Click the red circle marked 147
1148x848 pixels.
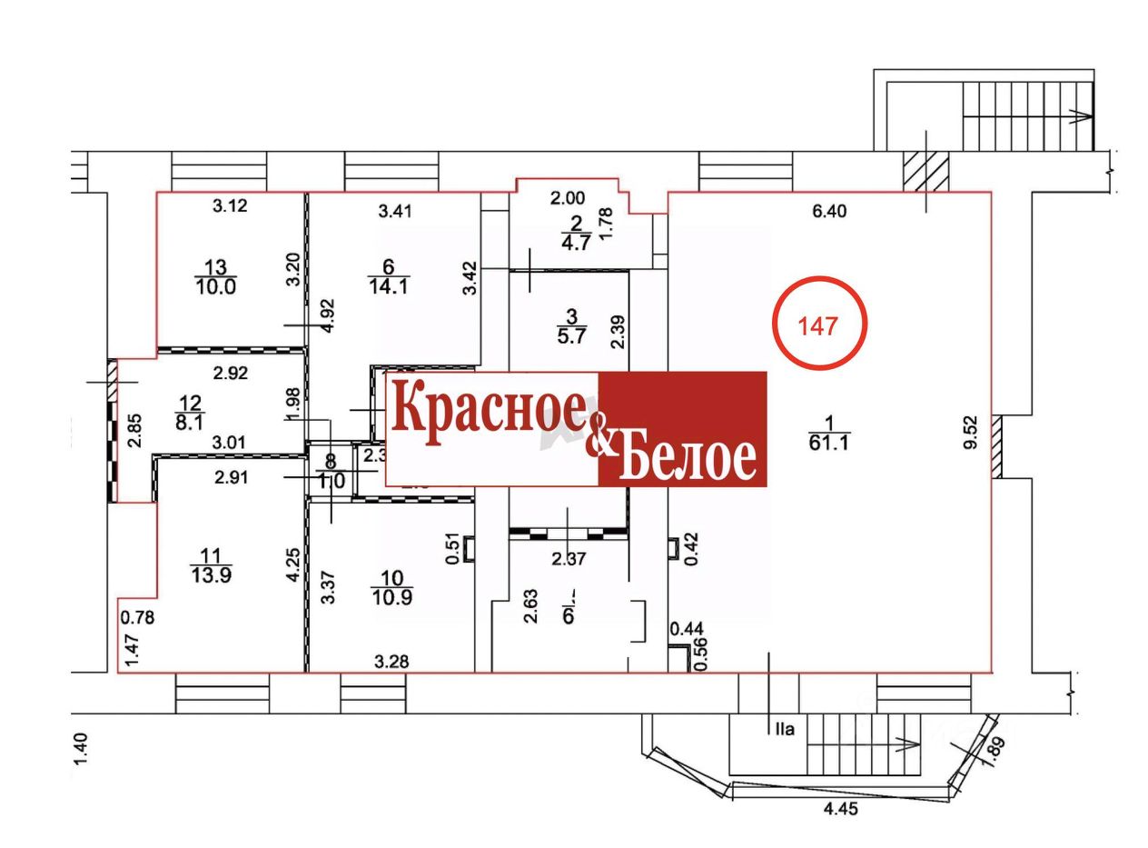pos(819,324)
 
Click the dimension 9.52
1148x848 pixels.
pos(971,433)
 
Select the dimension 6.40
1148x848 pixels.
pos(828,211)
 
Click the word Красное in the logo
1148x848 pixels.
pos(489,412)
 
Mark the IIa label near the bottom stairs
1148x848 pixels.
pos(784,728)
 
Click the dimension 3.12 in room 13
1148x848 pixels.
pos(230,206)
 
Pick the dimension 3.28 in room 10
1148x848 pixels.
pos(391,661)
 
